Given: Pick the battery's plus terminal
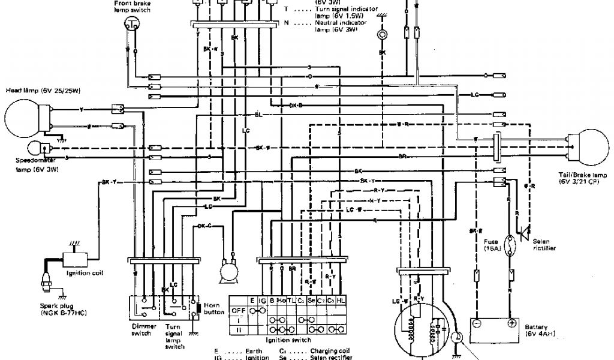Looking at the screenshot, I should (x=511, y=323).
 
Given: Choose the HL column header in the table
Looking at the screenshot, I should (x=341, y=301).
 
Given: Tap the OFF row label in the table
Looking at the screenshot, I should (x=238, y=311).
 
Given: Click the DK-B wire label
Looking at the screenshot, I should (x=296, y=104).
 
